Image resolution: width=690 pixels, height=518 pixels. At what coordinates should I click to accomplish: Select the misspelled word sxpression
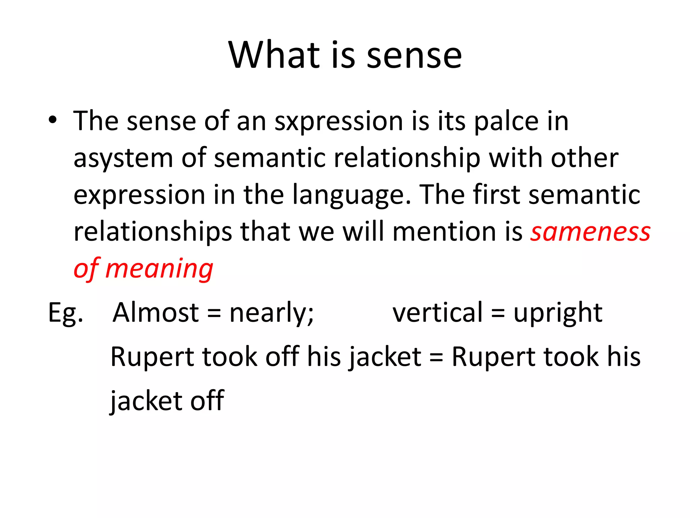[x=339, y=121]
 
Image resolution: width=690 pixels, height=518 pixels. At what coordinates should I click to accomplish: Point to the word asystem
[x=123, y=159]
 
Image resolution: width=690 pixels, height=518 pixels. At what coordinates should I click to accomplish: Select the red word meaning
[x=159, y=269]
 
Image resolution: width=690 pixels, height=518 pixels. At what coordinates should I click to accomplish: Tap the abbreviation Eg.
[x=65, y=313]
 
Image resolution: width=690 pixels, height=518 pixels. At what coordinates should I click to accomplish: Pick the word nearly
[x=271, y=313]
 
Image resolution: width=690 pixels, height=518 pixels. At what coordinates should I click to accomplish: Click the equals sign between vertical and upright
[x=498, y=314]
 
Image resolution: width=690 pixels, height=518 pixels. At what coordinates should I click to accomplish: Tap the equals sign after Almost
[x=214, y=314]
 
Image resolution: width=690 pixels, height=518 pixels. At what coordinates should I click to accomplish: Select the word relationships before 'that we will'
[x=153, y=233]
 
